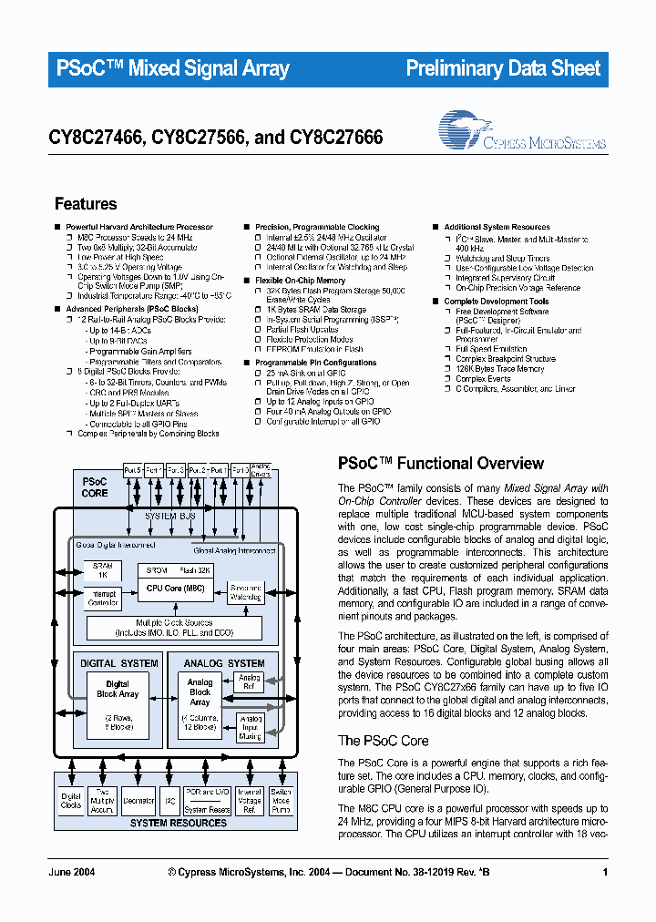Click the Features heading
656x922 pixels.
pyautogui.click(x=86, y=204)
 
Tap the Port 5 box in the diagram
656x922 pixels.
pyautogui.click(x=132, y=470)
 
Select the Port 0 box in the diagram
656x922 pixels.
pyautogui.click(x=240, y=470)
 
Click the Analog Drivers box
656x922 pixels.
pyautogui.click(x=261, y=470)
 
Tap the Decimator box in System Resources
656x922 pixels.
pyautogui.click(x=138, y=801)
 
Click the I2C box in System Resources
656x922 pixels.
pyautogui.click(x=169, y=801)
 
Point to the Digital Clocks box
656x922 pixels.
pyautogui.click(x=71, y=801)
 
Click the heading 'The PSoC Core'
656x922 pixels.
pyautogui.click(x=383, y=741)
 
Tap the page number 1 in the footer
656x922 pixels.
pyautogui.click(x=605, y=873)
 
